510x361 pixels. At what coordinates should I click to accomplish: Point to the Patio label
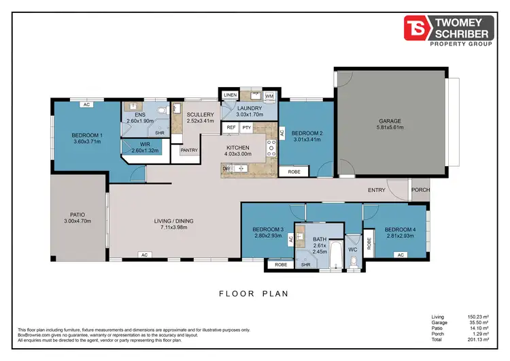[77, 217]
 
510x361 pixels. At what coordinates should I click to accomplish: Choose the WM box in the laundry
[269, 97]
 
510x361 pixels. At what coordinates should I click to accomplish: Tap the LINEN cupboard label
[231, 95]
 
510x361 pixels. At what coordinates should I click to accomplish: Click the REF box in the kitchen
[231, 127]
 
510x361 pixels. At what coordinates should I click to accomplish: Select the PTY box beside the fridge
[247, 127]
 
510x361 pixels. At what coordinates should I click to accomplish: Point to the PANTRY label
[188, 151]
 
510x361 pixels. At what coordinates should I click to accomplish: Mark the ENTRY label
[377, 190]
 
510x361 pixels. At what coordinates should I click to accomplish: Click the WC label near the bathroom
[352, 249]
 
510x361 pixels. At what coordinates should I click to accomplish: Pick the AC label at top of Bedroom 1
[86, 105]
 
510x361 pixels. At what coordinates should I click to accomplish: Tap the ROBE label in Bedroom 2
[294, 172]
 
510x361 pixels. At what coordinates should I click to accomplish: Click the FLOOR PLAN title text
[254, 294]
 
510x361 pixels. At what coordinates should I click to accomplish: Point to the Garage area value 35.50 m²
[476, 323]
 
